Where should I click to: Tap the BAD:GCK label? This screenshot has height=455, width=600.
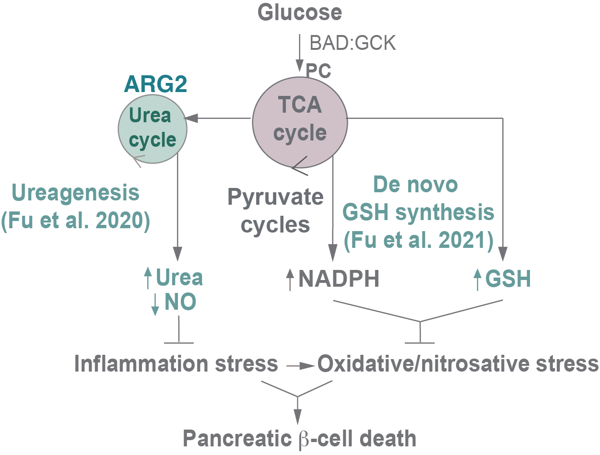pos(353,43)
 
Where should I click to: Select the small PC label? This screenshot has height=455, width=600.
pos(318,70)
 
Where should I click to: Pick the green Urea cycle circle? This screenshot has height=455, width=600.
pos(153,128)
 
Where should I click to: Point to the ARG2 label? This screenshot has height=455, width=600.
pos(155,85)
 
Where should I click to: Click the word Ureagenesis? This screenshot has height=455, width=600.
pos(76,193)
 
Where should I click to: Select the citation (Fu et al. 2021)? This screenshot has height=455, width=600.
pos(418,240)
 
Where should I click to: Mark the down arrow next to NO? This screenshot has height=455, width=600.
pos(154,304)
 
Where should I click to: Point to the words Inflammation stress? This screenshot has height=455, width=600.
pos(176,364)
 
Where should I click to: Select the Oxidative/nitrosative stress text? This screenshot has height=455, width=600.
pos(458,364)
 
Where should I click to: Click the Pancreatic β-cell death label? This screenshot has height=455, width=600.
pos(300,438)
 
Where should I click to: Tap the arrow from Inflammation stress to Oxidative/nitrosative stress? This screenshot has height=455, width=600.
pos(300,365)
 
